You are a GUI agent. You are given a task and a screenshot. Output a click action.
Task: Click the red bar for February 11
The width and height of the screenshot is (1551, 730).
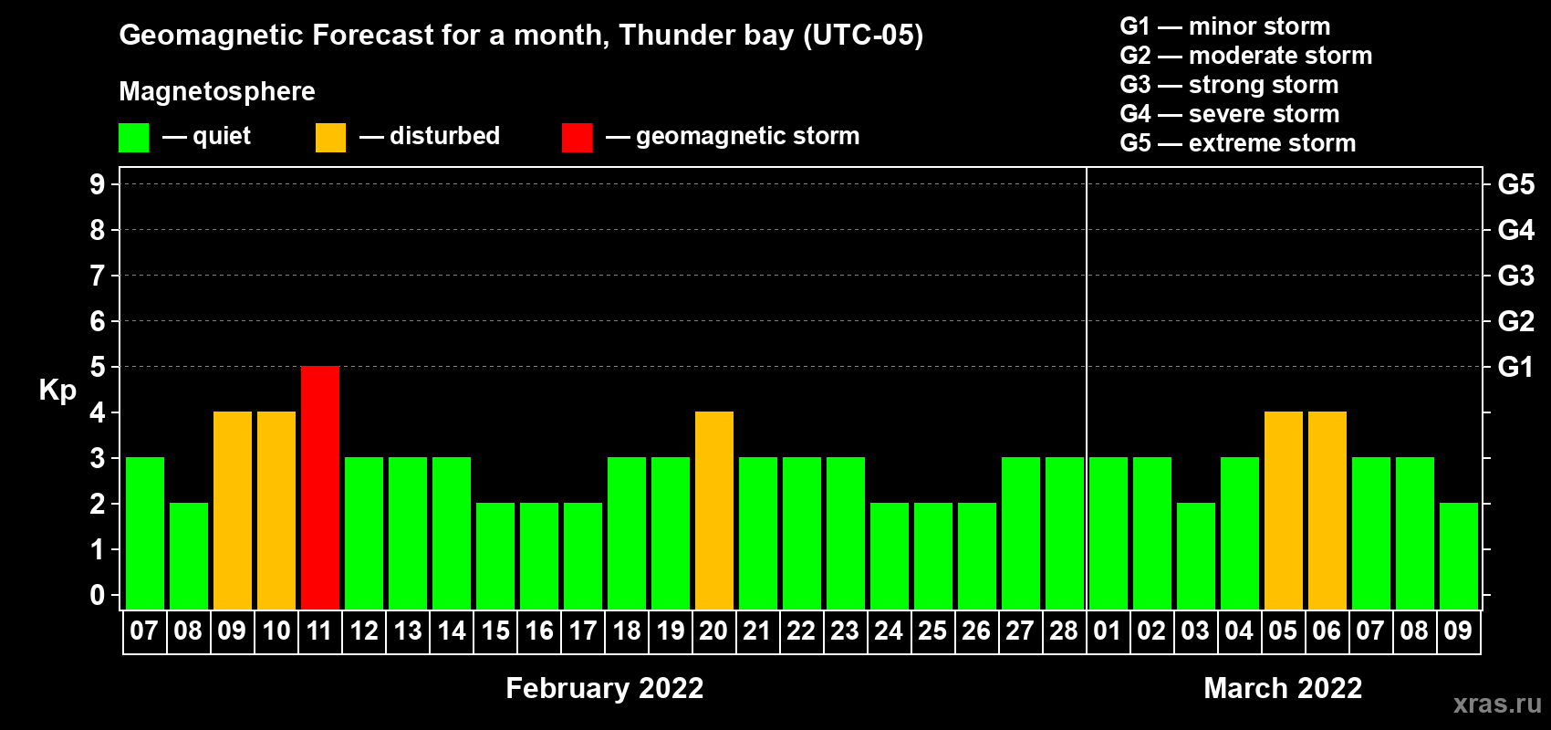point(320,487)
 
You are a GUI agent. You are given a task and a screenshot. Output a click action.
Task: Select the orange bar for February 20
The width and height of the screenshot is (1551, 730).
point(713,510)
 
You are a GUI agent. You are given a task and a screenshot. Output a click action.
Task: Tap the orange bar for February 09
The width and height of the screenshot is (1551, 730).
point(233,510)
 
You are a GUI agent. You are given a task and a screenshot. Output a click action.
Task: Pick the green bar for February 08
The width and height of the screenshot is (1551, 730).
point(189,556)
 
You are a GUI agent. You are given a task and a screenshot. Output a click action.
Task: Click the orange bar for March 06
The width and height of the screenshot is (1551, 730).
point(1327,510)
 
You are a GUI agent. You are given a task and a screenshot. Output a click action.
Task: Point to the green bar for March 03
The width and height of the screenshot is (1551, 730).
point(1196,556)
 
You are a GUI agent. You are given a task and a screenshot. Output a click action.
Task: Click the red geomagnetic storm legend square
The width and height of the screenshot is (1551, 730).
point(577,137)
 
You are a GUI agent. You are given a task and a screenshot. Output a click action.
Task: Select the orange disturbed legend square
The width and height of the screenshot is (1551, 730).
point(330,137)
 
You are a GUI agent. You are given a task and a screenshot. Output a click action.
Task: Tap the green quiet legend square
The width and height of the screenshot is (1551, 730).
point(133,137)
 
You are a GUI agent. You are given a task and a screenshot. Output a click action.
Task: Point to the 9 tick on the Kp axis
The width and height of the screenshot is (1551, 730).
point(97,184)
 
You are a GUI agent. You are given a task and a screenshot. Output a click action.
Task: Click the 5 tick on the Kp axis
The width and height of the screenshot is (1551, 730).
point(97,367)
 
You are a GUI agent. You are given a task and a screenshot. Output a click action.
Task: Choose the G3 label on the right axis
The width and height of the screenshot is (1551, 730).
point(1515,276)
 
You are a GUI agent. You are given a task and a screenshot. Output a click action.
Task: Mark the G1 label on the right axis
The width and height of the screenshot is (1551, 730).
point(1515,367)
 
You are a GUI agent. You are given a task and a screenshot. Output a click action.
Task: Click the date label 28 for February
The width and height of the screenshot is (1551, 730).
point(1064,631)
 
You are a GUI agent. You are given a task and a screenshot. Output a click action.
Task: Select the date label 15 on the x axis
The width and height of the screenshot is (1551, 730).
point(495,631)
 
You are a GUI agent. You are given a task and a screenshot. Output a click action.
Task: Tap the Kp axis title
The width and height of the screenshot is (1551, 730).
point(57,391)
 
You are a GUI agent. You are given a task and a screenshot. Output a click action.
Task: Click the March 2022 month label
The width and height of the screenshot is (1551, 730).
point(1283,688)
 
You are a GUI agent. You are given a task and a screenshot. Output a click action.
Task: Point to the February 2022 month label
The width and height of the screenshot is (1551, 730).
point(605,688)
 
